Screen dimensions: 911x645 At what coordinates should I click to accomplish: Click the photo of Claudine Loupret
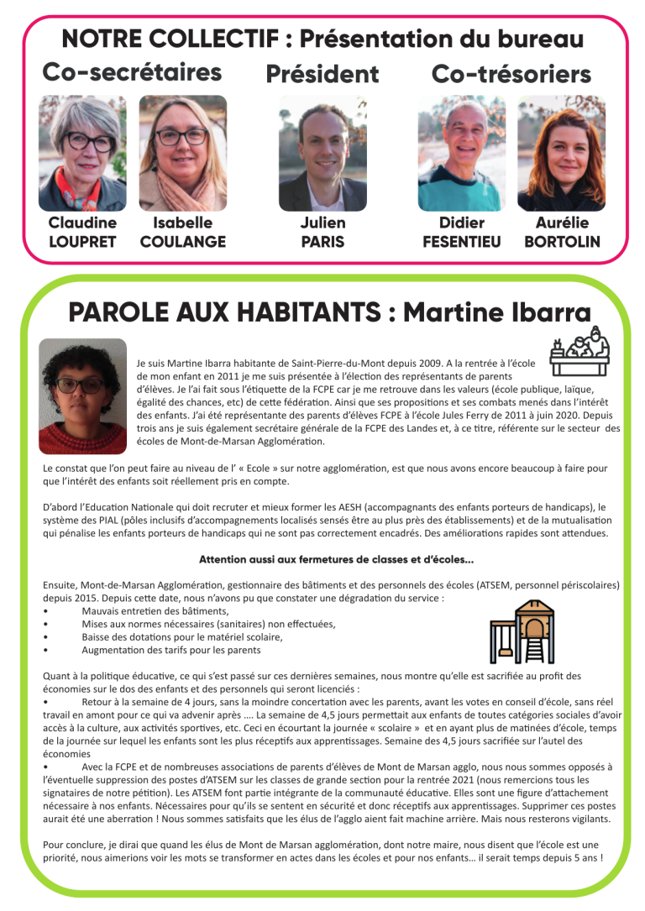[82, 152]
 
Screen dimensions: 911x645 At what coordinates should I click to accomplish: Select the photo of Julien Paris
[322, 152]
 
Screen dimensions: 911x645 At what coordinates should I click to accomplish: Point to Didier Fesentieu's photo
[461, 152]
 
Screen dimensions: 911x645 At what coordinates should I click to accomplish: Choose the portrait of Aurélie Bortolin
[561, 152]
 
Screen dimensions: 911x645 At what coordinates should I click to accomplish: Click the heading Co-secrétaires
[132, 73]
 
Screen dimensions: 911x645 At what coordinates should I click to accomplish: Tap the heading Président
[322, 75]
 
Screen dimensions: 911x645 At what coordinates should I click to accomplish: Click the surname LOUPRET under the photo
[82, 242]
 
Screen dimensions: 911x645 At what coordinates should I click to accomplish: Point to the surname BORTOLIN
[562, 242]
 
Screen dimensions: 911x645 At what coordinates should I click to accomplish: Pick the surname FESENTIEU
[461, 242]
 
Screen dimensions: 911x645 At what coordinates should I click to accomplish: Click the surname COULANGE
[182, 242]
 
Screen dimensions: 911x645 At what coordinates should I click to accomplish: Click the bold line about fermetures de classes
[336, 560]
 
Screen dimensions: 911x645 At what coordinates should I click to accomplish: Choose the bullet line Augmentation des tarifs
[170, 650]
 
